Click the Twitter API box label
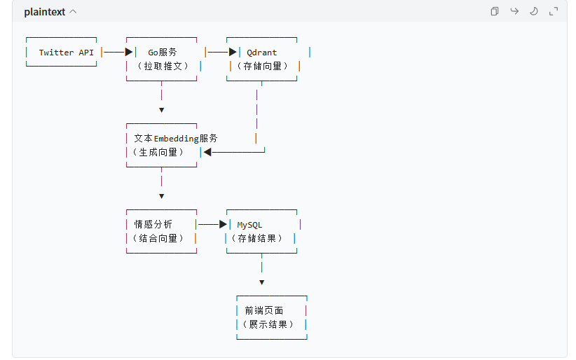click(x=66, y=53)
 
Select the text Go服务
click(x=162, y=53)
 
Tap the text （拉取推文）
click(x=162, y=66)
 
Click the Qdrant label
click(x=261, y=53)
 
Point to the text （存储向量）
click(x=263, y=66)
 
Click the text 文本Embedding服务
click(x=175, y=139)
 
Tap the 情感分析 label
click(x=153, y=225)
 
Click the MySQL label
click(x=249, y=225)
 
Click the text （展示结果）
click(x=268, y=324)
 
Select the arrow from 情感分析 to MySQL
click(x=212, y=224)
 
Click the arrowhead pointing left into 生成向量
click(x=207, y=152)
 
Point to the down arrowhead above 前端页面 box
click(x=261, y=282)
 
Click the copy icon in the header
click(x=494, y=11)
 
